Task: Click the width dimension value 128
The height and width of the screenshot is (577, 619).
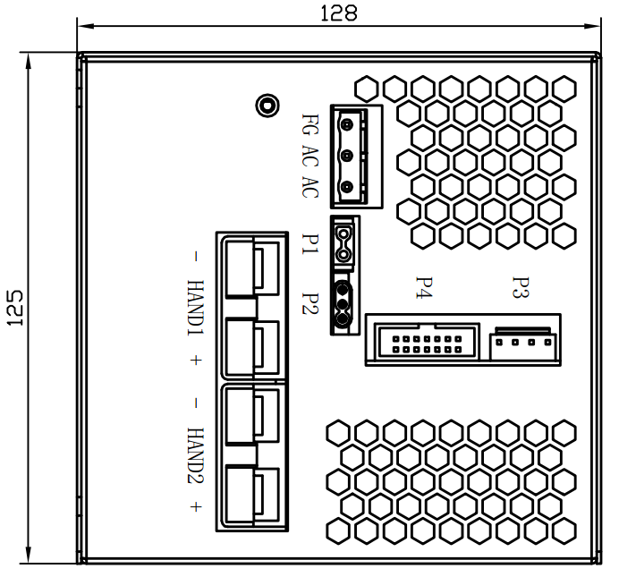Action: click(x=338, y=13)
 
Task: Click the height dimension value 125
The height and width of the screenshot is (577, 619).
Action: click(x=15, y=307)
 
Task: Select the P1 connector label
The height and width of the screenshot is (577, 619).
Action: click(x=310, y=243)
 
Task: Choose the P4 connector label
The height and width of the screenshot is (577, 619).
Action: click(x=424, y=288)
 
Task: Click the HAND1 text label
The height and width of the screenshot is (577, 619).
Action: click(x=196, y=308)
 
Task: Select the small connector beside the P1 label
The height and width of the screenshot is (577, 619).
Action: click(x=343, y=242)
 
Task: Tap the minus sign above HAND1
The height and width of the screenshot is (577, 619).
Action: click(x=196, y=257)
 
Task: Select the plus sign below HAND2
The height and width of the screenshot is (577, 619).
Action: click(x=196, y=507)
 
